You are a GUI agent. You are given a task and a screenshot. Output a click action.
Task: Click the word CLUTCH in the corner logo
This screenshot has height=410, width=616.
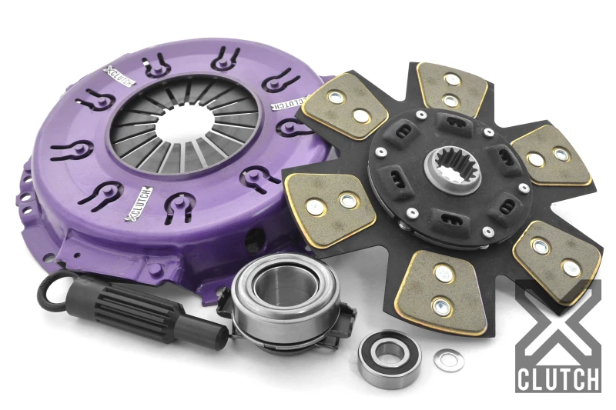558,379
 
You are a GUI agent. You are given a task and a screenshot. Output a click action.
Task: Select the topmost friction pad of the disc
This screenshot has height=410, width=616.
451,89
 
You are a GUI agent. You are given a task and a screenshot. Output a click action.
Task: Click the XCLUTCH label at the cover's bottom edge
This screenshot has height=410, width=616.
139,202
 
